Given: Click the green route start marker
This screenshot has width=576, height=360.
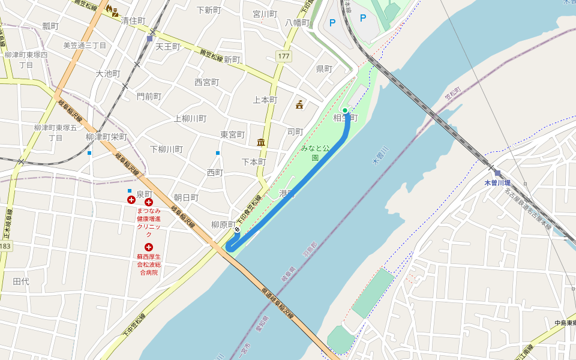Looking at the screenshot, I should pyautogui.click(x=346, y=110).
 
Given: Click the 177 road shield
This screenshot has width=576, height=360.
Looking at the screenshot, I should pyautogui.click(x=284, y=56).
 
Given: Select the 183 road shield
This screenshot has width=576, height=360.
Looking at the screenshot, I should pyautogui.click(x=5, y=247).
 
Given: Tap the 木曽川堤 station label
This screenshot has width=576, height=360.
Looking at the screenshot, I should pyautogui.click(x=498, y=182).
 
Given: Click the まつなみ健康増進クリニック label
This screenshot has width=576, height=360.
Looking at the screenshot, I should pyautogui.click(x=149, y=222).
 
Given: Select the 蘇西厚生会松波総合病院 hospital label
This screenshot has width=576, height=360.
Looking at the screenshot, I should pyautogui.click(x=148, y=264).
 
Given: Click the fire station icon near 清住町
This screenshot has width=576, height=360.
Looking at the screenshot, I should pyautogui.click(x=112, y=10).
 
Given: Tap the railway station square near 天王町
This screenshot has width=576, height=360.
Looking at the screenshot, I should pyautogui.click(x=149, y=38).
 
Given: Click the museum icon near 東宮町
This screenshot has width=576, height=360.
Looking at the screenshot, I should pyautogui.click(x=261, y=143).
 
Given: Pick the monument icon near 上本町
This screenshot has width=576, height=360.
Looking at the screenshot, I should pyautogui.click(x=299, y=105).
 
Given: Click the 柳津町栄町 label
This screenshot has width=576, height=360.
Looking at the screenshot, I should pyautogui.click(x=106, y=137).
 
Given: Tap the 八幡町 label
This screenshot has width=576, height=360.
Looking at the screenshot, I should pyautogui.click(x=298, y=23).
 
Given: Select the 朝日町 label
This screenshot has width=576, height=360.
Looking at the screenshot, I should pyautogui.click(x=186, y=197).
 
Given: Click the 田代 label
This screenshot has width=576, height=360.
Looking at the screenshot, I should pyautogui.click(x=21, y=281).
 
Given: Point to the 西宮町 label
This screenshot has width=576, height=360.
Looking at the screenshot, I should pyautogui.click(x=207, y=82).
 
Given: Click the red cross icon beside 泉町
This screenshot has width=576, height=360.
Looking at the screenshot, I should pyautogui.click(x=131, y=199).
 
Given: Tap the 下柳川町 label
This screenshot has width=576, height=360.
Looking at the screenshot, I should pyautogui.click(x=166, y=149).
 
